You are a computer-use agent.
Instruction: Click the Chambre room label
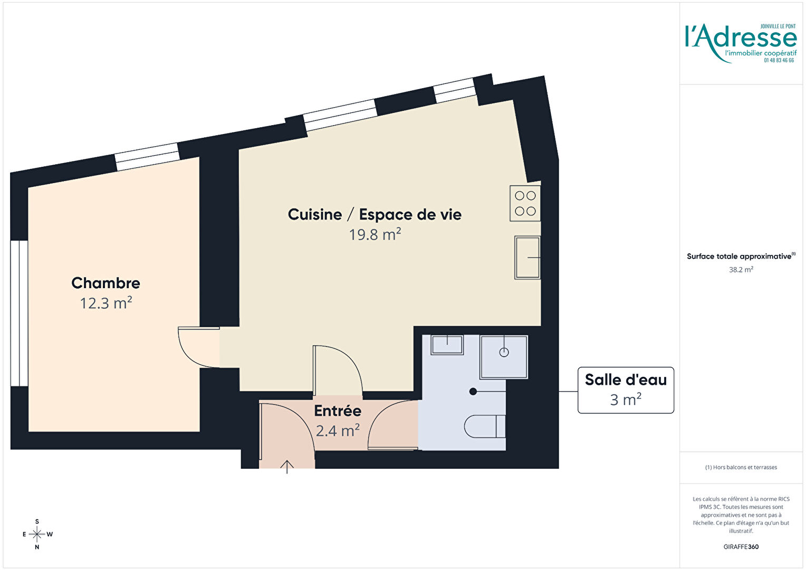click(106, 283)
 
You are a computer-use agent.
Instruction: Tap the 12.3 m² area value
click(106, 303)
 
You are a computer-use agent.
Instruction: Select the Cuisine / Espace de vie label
click(375, 215)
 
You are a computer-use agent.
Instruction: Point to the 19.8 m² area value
click(375, 234)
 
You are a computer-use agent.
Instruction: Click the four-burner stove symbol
click(525, 203)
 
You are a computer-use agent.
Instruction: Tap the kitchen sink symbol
click(527, 258)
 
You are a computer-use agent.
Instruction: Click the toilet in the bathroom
click(485, 426)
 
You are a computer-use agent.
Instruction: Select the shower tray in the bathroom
click(504, 357)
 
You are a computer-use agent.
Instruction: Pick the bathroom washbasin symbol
click(447, 345)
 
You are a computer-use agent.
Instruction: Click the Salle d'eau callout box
click(626, 390)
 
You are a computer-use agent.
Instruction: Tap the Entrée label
click(338, 411)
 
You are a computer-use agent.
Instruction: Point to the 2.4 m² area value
click(338, 430)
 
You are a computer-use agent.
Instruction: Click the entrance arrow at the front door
click(287, 467)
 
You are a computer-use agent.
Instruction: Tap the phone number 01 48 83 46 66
click(779, 61)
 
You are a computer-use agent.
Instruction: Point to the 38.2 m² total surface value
click(741, 270)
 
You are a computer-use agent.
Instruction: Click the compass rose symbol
click(37, 534)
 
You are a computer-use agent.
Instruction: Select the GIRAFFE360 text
click(741, 547)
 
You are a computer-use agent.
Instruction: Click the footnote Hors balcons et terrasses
click(741, 468)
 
